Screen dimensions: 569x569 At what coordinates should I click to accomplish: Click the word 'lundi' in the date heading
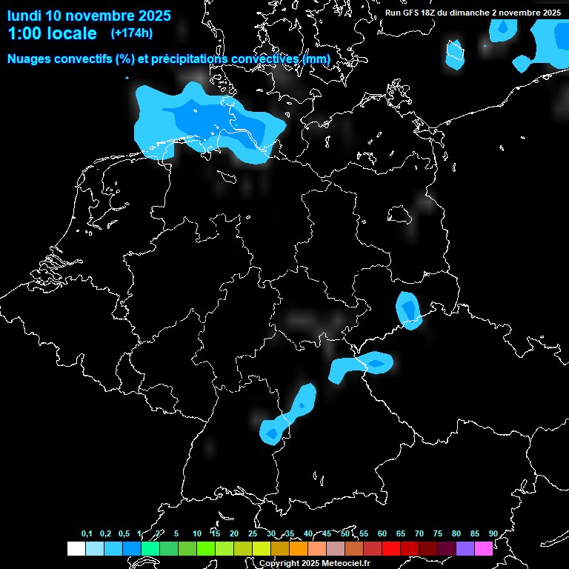pos(24,16)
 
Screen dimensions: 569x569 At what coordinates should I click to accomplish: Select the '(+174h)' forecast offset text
pos(131,33)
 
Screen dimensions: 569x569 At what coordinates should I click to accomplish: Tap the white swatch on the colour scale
pos(76,549)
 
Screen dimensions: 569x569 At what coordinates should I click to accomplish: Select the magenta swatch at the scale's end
pos(484,549)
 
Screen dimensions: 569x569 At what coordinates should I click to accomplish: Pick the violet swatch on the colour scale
pos(465,549)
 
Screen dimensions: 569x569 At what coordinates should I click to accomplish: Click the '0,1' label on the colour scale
pos(87,534)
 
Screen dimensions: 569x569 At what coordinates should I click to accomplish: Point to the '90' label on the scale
pos(493,534)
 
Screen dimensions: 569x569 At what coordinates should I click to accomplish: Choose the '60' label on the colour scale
pos(382,534)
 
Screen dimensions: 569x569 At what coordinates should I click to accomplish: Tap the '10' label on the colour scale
pos(196,534)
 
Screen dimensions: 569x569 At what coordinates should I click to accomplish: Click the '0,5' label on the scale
pos(124,534)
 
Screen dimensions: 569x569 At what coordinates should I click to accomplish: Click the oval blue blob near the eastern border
pos(408,309)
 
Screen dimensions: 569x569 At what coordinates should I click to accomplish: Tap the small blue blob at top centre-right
pos(454,53)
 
